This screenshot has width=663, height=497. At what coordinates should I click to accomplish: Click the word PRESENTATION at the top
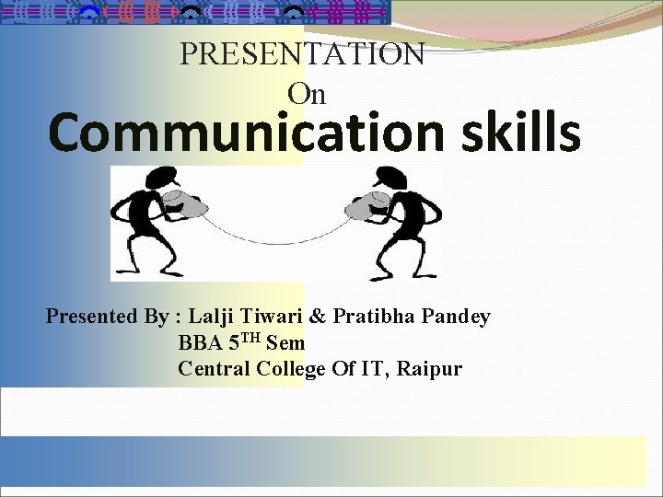click(x=302, y=54)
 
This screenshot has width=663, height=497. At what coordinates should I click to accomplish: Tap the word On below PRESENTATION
click(x=307, y=94)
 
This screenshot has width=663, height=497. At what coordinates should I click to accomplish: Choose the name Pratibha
click(x=374, y=317)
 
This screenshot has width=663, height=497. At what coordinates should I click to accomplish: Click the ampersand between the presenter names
click(x=317, y=317)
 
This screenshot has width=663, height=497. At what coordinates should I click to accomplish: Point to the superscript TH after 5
click(x=251, y=338)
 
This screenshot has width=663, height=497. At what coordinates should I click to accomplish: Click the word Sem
click(x=285, y=343)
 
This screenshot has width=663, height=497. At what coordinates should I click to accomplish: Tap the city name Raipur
click(x=432, y=370)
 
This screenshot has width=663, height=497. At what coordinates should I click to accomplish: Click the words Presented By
click(x=107, y=317)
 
